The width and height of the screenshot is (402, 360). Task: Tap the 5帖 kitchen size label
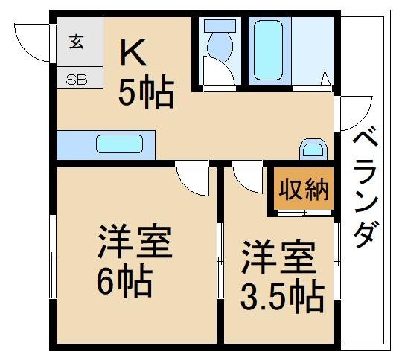pos(146,94)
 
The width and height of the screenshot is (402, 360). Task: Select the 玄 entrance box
pos(77,42)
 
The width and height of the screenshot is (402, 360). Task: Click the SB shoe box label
pos(77,78)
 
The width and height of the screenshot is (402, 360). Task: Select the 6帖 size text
pos(124,281)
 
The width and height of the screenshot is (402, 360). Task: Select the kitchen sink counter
pos(105,144)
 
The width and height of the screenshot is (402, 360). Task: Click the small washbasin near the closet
pos(313,149)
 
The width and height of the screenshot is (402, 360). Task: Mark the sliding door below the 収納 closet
pos(304,214)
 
